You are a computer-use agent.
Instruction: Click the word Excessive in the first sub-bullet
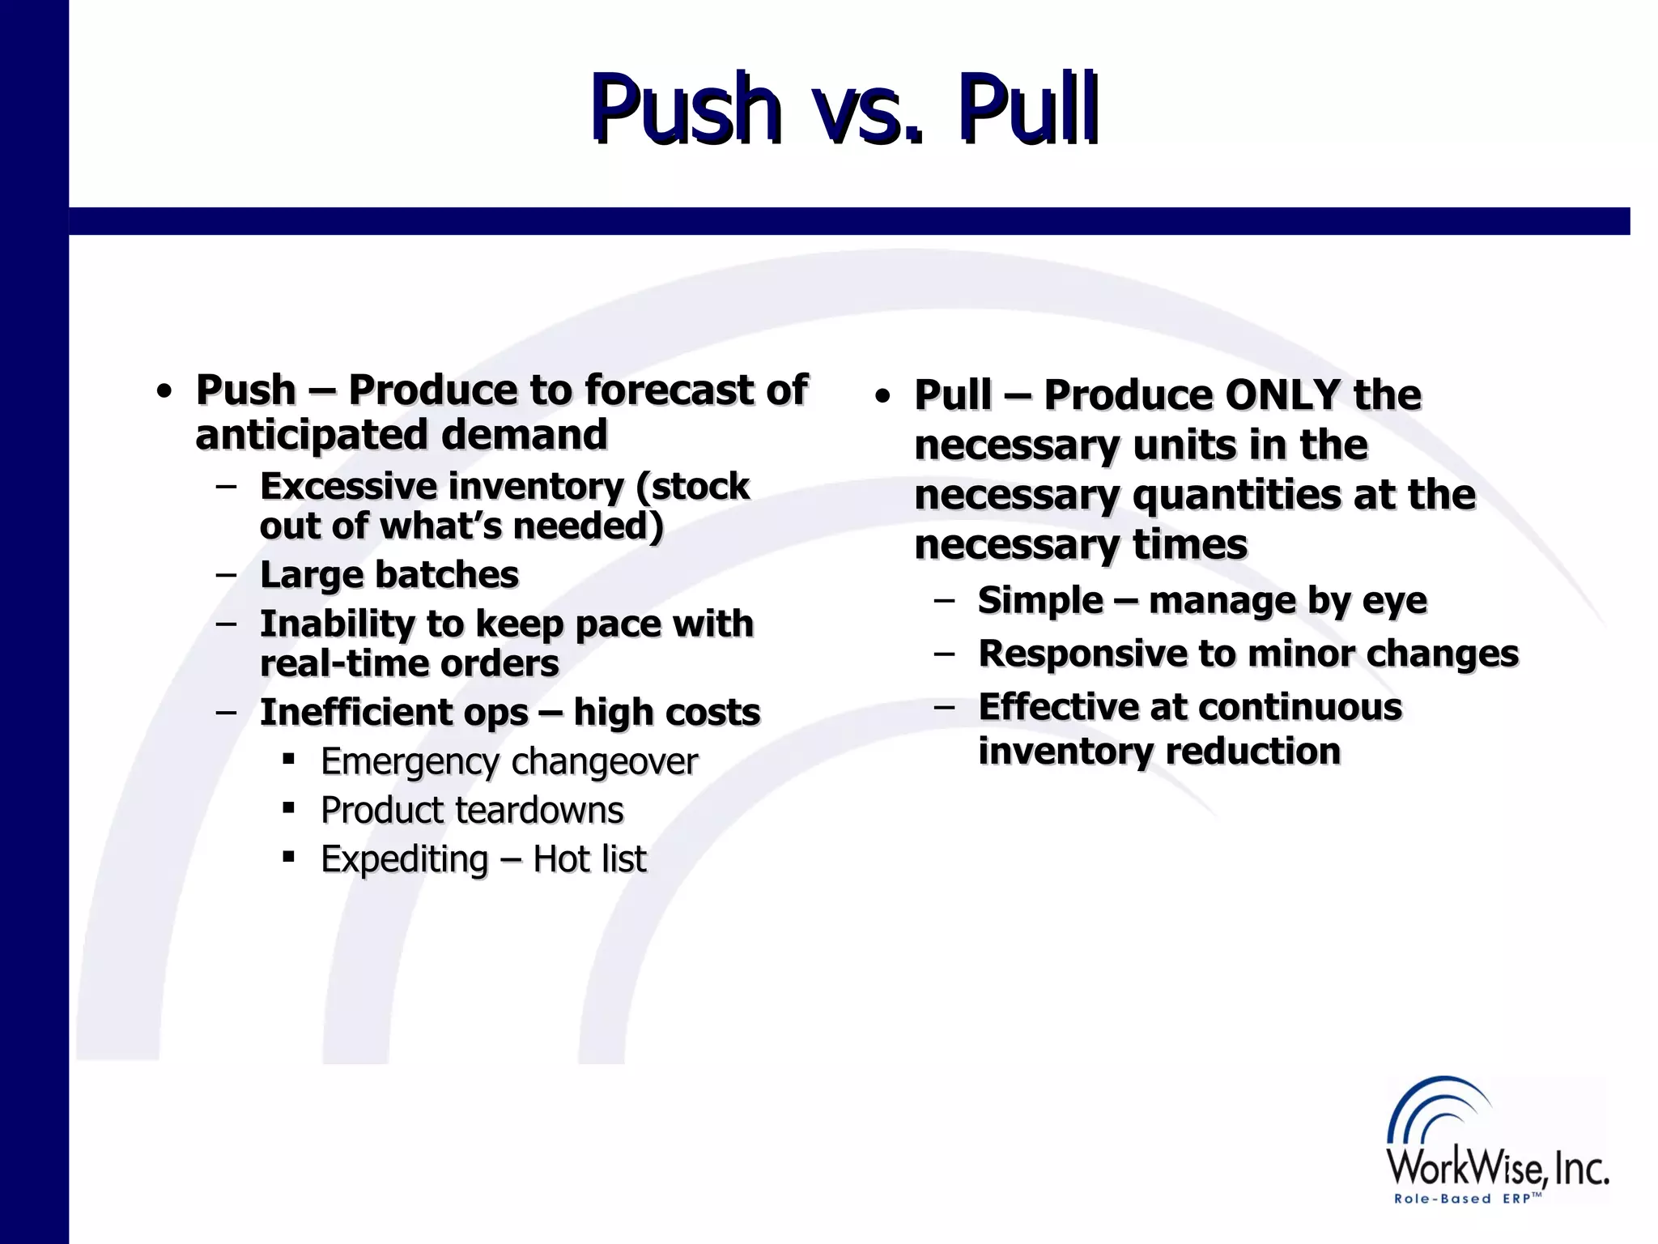point(350,487)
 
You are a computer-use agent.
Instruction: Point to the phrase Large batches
point(389,575)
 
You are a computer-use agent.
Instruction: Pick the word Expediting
point(404,859)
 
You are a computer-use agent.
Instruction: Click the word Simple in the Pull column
point(1039,601)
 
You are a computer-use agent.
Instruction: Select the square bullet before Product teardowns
point(288,808)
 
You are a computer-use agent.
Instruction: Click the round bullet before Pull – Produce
point(882,397)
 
